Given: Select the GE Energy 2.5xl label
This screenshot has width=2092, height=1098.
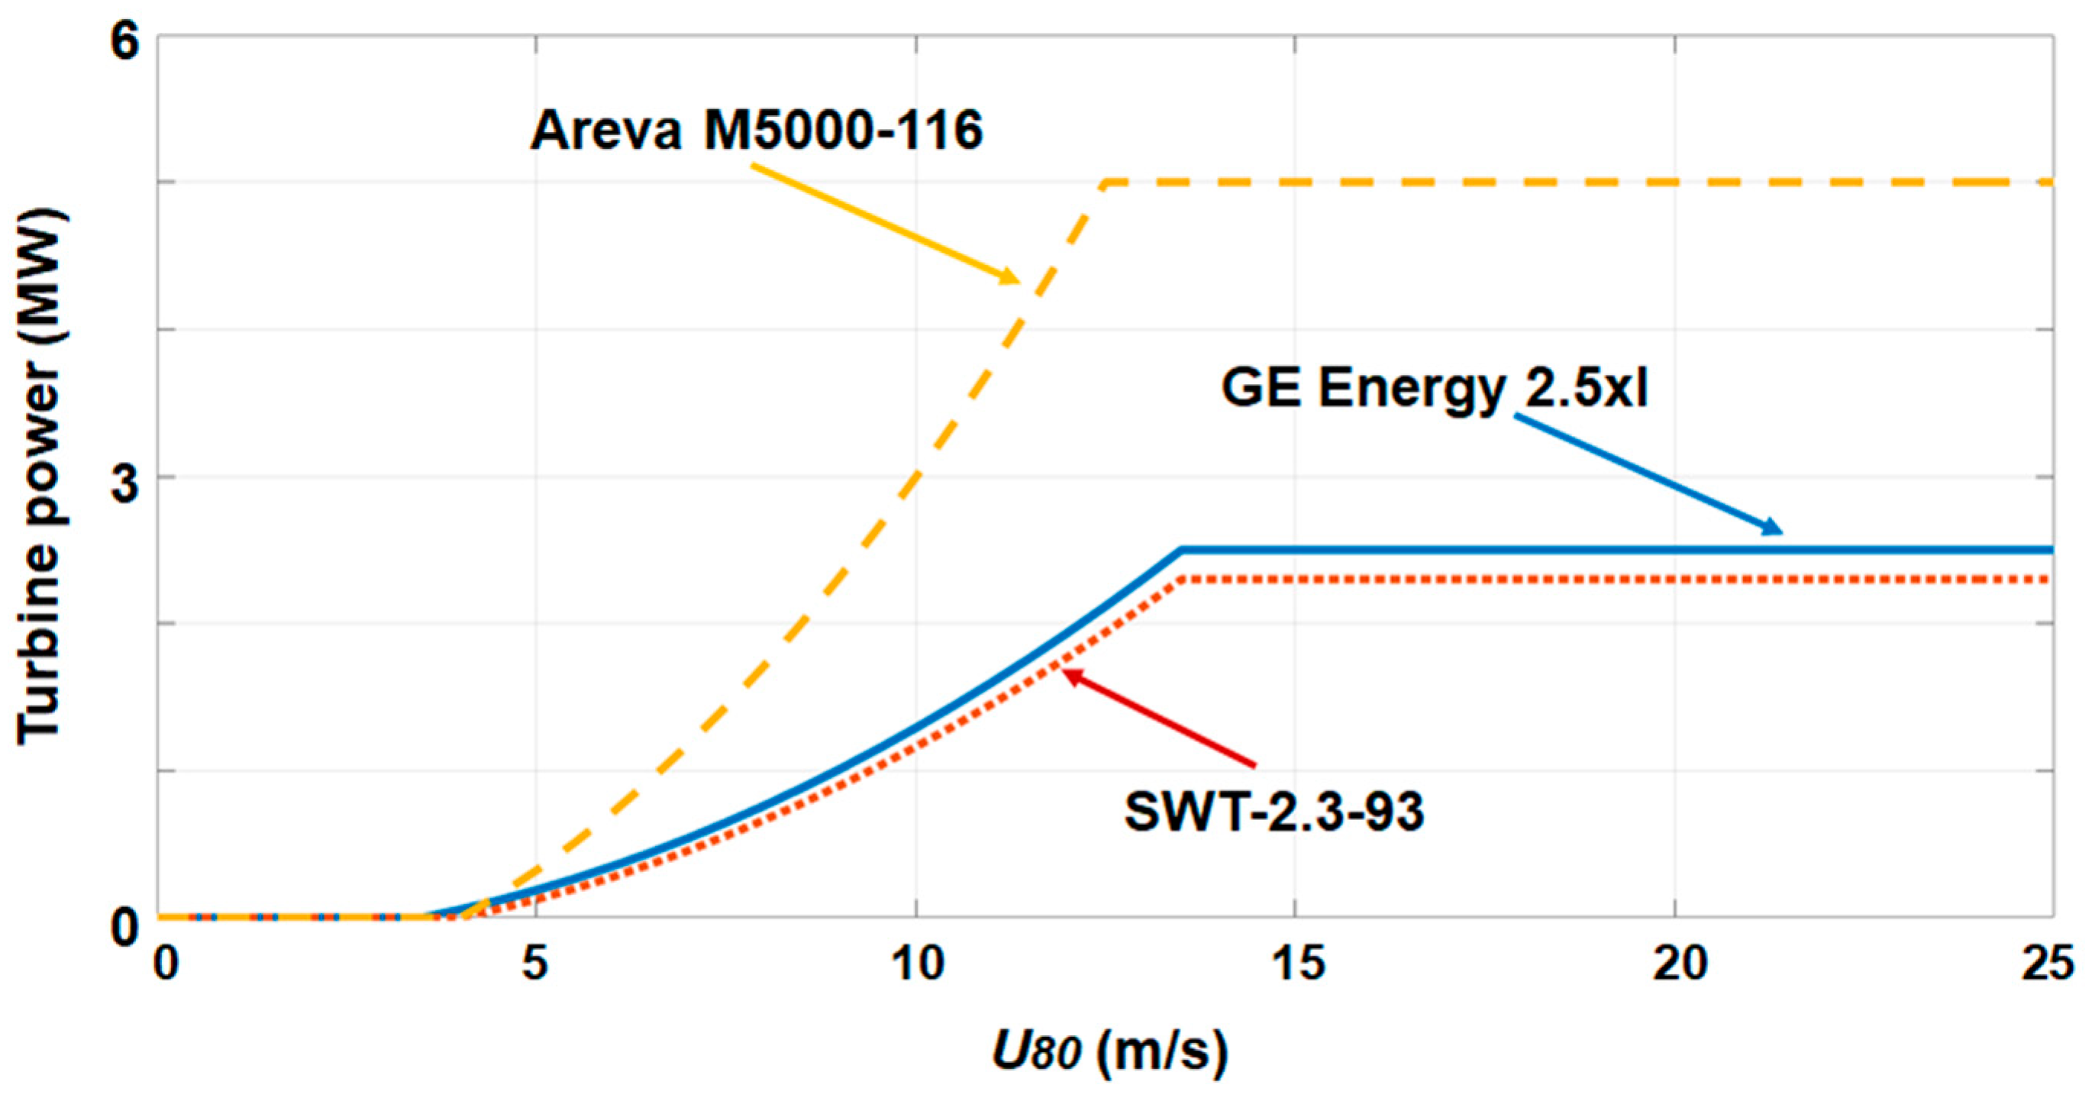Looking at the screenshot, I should (1434, 388).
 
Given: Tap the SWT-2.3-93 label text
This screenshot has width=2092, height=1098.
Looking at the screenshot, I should (1274, 812).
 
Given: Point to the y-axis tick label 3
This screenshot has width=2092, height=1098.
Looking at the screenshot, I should (125, 484).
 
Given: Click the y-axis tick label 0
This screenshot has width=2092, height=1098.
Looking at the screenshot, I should (125, 926).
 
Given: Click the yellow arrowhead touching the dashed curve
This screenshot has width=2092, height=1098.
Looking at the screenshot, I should (1012, 278).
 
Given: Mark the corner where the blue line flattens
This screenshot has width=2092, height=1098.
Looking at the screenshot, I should (1183, 550).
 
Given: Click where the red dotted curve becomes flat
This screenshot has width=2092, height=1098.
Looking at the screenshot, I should (1183, 579).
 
